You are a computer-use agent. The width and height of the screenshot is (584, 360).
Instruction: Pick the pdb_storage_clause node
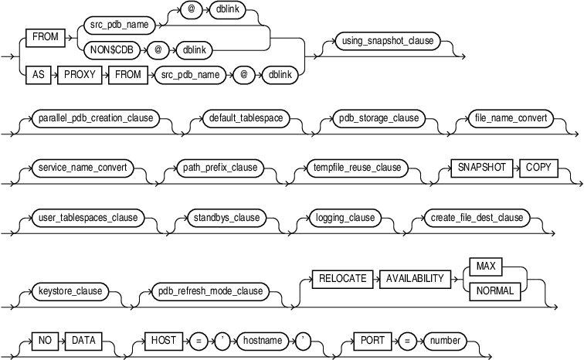click(x=379, y=119)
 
